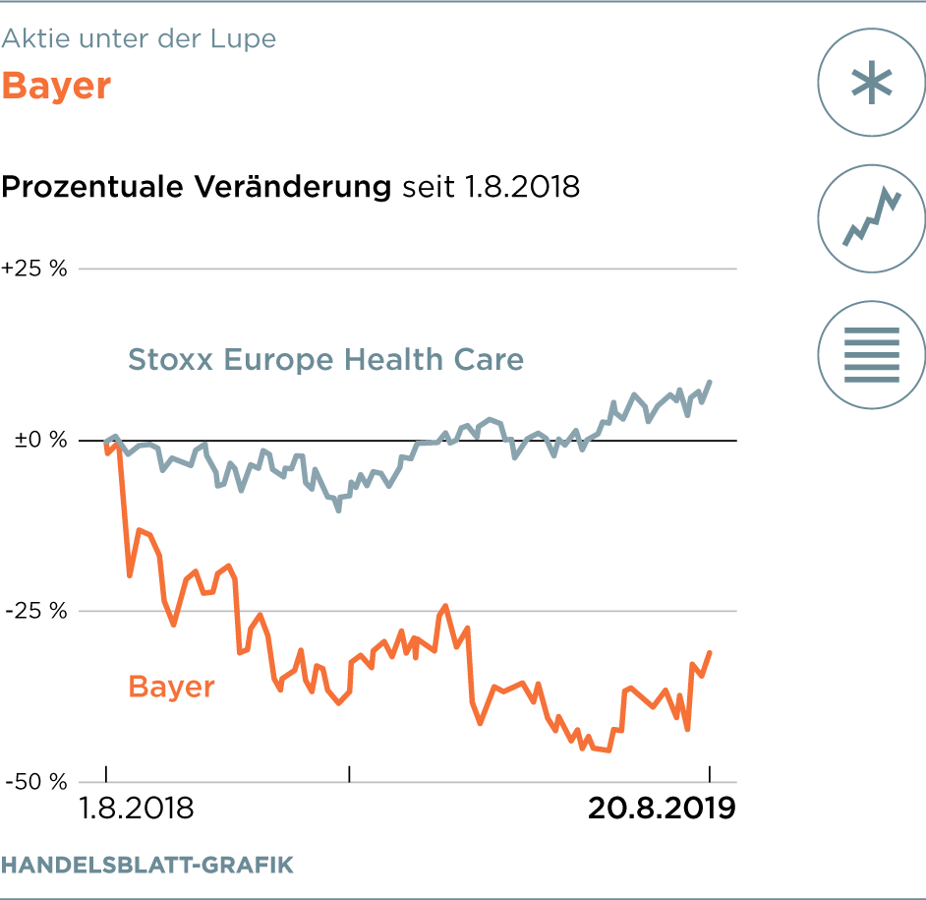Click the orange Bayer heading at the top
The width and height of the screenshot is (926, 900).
tap(56, 87)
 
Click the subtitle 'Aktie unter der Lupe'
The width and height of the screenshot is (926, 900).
tap(139, 39)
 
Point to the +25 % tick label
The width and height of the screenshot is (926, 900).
tap(34, 269)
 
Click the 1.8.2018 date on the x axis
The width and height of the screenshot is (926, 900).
tap(136, 809)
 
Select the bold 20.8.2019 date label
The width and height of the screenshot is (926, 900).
tap(662, 809)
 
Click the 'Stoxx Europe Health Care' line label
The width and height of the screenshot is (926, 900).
tap(325, 360)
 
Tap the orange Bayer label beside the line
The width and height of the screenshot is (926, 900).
tap(171, 686)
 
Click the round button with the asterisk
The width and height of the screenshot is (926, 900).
tap(871, 83)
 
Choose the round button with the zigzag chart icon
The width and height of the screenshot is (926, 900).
tap(871, 218)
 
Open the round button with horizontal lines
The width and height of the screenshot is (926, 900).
tap(871, 354)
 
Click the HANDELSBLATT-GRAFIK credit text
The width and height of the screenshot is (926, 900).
tap(147, 866)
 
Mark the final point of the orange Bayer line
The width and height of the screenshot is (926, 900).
tap(710, 652)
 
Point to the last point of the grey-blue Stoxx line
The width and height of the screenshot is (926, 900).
tap(711, 382)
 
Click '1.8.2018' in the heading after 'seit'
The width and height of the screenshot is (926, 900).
tap(518, 186)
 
